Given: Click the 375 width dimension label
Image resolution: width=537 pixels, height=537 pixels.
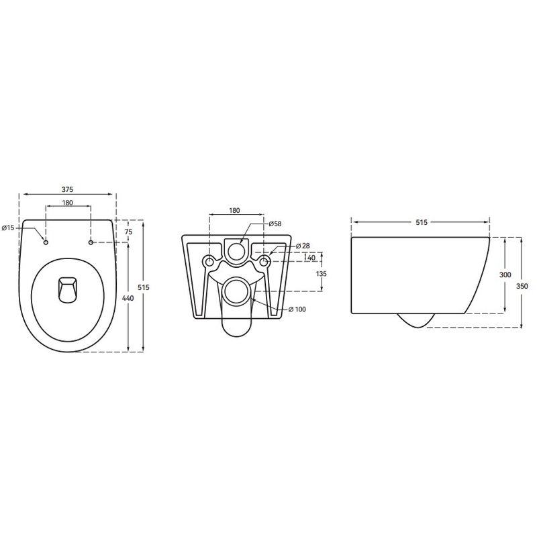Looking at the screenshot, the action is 68,189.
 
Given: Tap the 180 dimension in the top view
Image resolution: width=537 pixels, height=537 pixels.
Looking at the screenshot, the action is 68,203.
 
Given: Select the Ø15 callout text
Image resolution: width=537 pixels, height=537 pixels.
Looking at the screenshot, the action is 8,228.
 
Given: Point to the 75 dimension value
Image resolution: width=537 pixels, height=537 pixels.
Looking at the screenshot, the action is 128,232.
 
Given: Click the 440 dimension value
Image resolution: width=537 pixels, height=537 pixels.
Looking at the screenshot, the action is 128,298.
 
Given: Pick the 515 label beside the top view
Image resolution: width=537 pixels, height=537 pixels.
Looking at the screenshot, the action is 144,287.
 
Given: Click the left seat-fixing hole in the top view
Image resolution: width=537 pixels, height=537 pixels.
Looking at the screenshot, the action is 46,242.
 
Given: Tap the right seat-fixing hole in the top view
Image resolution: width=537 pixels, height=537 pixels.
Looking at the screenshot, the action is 91,242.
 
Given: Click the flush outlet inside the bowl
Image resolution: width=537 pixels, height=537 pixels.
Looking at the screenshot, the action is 68,289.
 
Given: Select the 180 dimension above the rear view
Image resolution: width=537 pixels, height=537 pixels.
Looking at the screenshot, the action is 234,211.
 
